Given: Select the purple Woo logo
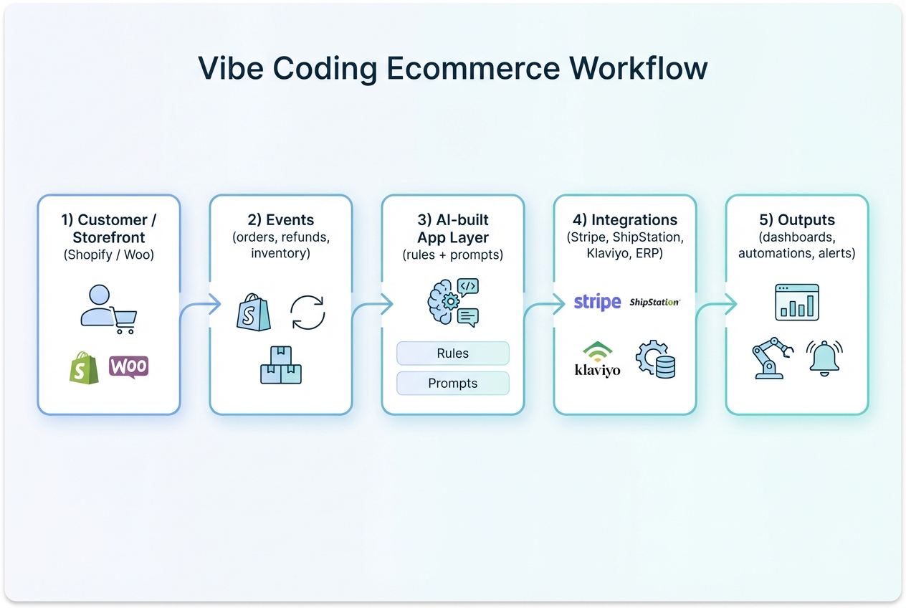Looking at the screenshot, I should [x=129, y=366].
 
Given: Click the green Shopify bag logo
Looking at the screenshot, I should [x=83, y=367].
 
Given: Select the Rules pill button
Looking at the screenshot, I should [x=452, y=353].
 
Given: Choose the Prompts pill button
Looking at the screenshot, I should [x=452, y=384].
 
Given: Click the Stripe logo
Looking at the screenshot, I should [x=597, y=302].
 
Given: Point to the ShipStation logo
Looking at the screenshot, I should [x=654, y=303].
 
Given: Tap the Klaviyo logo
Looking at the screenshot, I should [x=597, y=361].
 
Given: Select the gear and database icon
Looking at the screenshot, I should [x=656, y=359].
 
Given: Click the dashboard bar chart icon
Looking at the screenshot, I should [x=796, y=302].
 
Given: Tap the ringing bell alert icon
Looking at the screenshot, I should [x=824, y=357].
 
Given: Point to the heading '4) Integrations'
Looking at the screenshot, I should [x=624, y=220].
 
